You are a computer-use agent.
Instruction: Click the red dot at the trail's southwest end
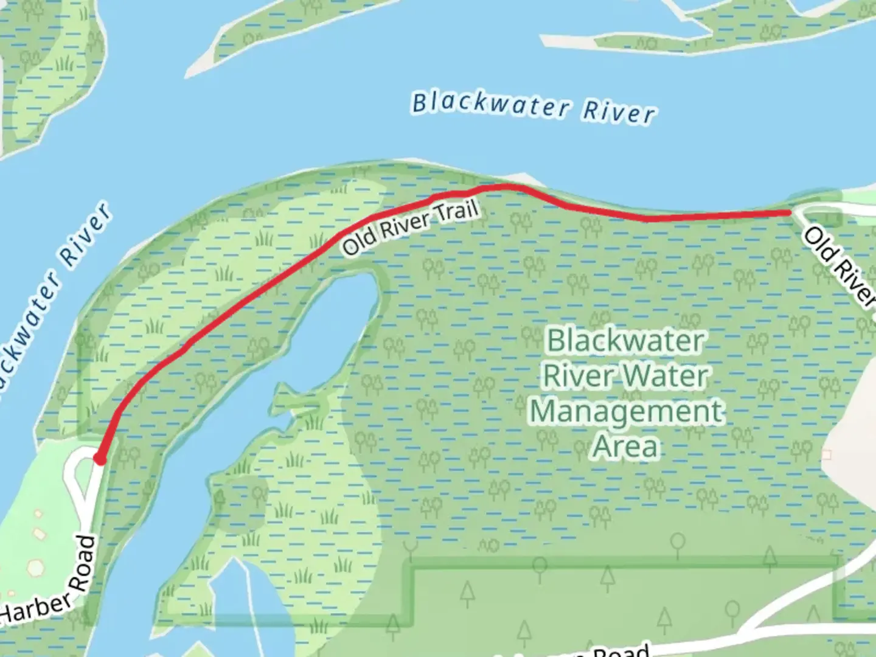click(x=99, y=459)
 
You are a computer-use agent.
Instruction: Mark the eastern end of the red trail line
click(x=790, y=212)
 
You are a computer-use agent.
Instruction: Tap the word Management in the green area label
click(x=627, y=411)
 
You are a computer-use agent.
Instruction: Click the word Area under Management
click(x=627, y=447)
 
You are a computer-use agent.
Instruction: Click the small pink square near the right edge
click(x=826, y=455)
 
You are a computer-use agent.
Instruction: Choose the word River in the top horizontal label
click(x=619, y=113)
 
